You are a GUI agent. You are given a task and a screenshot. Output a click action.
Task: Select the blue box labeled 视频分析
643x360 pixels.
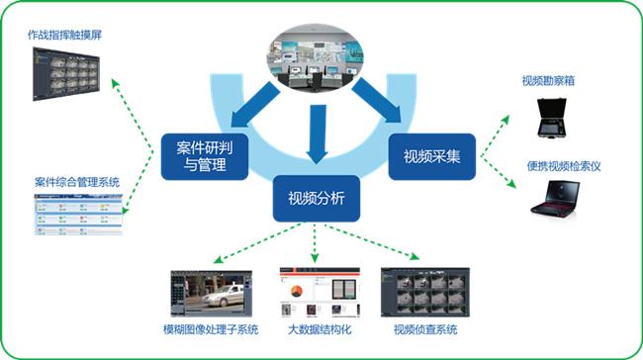click(316, 197)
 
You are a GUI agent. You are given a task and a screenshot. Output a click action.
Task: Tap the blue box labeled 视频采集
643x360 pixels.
click(432, 155)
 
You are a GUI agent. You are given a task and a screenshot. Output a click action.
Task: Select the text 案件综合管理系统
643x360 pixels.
click(76, 182)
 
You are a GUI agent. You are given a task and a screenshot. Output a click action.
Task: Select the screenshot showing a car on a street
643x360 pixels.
click(211, 290)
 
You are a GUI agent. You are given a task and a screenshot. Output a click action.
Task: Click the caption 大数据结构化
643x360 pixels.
click(319, 328)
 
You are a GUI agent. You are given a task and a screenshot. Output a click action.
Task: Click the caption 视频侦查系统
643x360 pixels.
click(424, 328)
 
